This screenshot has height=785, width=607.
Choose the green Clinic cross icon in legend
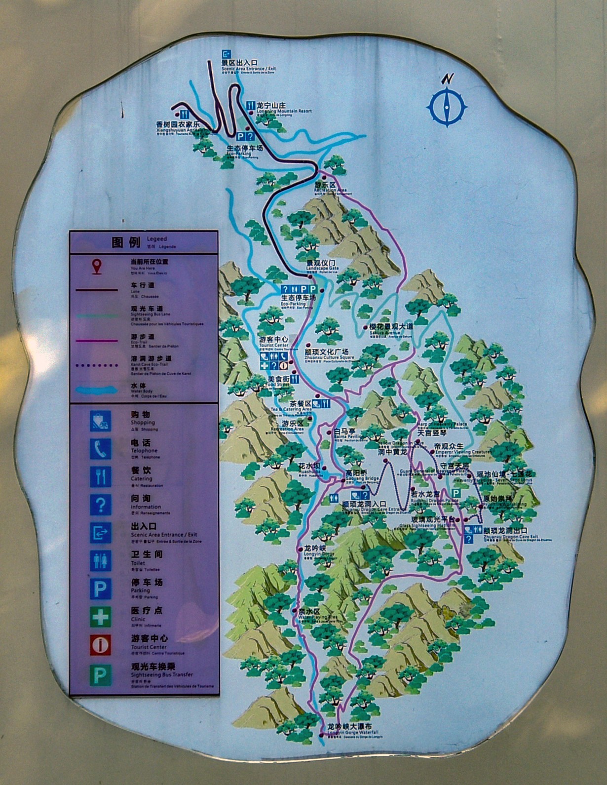pyautogui.click(x=100, y=617)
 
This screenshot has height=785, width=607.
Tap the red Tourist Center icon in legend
pyautogui.click(x=100, y=645)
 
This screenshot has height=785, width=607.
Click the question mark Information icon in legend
pyautogui.click(x=100, y=505)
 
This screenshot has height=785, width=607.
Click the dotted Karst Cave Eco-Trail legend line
pyautogui.click(x=97, y=365)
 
